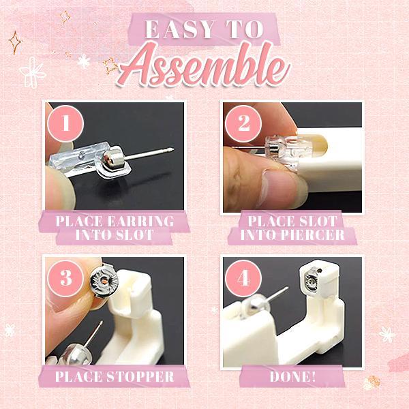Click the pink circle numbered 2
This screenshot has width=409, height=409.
tap(245, 125)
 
